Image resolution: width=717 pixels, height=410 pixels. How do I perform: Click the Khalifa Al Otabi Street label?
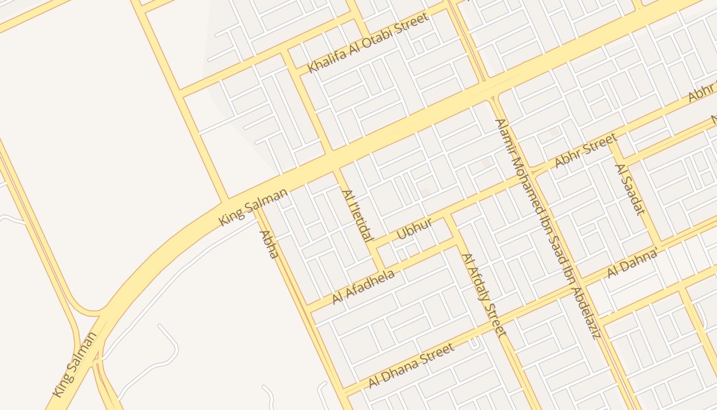coord(368,43)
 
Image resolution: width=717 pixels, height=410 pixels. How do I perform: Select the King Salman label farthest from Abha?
coord(75,364)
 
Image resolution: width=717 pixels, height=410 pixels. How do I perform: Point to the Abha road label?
coord(269,244)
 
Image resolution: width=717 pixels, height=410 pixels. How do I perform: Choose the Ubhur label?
coord(415,229)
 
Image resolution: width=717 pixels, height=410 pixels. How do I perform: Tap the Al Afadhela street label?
coord(364,287)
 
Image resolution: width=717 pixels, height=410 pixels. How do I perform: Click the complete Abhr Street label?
coord(586,151)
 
